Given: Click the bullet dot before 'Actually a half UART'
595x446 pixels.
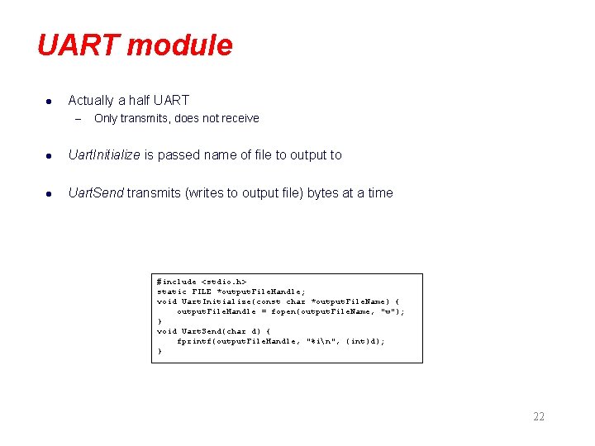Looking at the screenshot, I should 49,101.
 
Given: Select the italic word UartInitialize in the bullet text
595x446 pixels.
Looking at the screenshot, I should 104,154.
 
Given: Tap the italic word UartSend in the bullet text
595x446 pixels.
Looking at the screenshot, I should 96,192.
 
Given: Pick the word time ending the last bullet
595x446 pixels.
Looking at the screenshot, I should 380,192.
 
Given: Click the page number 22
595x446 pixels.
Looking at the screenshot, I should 539,416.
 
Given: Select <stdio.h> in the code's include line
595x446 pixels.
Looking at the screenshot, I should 224,282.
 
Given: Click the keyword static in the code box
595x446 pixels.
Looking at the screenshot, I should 172,292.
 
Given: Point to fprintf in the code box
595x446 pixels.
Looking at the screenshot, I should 195,341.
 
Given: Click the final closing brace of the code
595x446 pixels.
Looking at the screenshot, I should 159,351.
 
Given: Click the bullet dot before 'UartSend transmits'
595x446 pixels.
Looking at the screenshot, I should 49,193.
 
